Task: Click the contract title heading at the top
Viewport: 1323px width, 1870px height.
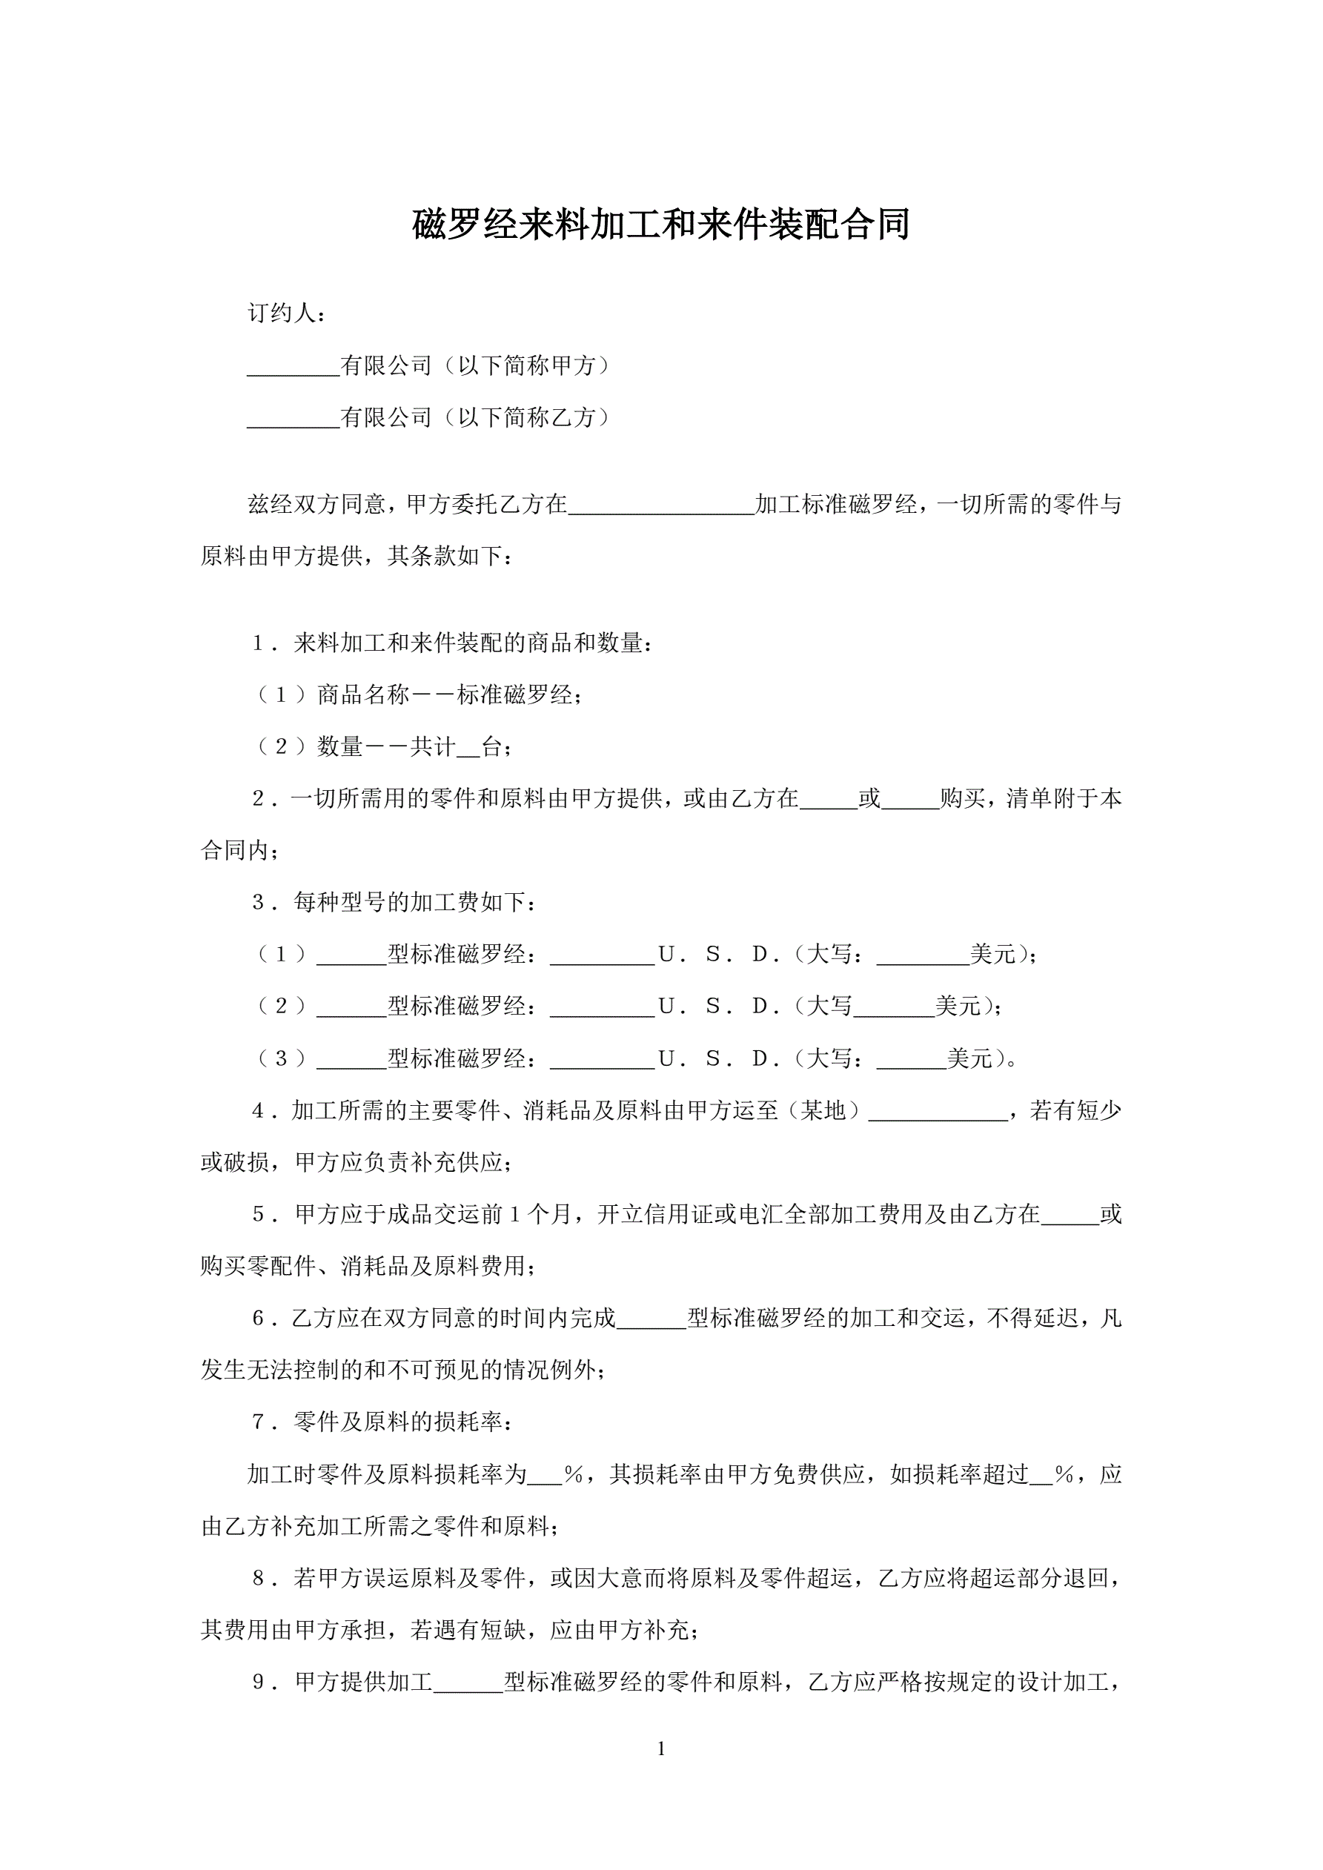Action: coord(660,225)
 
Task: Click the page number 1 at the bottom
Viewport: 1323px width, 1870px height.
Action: coord(660,1748)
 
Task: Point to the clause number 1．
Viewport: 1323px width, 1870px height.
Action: coord(263,643)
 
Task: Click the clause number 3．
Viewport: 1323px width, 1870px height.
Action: coord(263,903)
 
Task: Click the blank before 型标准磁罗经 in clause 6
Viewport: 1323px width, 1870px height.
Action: coord(651,1319)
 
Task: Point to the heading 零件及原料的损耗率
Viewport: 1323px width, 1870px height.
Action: coord(402,1423)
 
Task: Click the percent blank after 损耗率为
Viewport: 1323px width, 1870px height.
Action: coord(544,1476)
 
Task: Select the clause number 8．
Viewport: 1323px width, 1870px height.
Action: coord(263,1579)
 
